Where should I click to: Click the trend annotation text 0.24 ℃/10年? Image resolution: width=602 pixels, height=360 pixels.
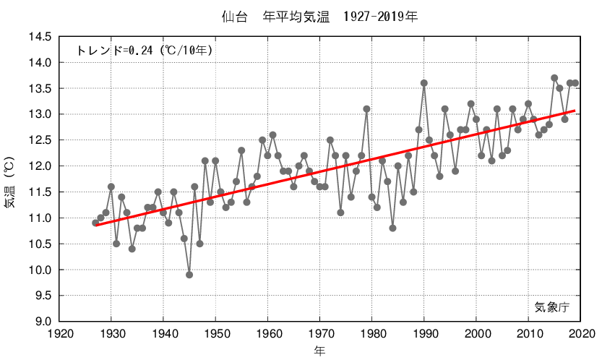pos(144,51)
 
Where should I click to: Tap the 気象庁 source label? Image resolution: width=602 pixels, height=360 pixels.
pos(552,307)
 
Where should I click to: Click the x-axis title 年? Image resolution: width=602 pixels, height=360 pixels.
pos(319,351)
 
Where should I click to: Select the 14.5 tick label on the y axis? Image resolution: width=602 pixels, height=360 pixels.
pos(39,37)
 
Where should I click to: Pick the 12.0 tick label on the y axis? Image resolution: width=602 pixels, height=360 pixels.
pos(39,166)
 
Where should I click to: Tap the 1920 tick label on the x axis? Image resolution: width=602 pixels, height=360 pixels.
pos(59,333)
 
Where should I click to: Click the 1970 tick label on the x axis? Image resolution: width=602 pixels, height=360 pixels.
pos(320,333)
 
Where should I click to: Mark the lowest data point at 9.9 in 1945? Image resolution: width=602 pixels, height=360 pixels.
pos(189,275)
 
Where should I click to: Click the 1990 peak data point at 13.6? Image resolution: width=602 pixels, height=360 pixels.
pos(424,83)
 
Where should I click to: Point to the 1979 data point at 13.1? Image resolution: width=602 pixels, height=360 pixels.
pos(366,109)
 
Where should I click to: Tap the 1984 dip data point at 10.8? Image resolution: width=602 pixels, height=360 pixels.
pos(392,228)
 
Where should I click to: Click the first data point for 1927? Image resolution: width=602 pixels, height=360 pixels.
pos(95,223)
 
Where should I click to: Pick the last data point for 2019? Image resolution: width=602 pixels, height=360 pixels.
pos(575,83)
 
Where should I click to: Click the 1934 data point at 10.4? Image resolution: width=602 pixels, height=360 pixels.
pos(132,249)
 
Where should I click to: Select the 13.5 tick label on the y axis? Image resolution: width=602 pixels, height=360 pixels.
pos(39,89)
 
